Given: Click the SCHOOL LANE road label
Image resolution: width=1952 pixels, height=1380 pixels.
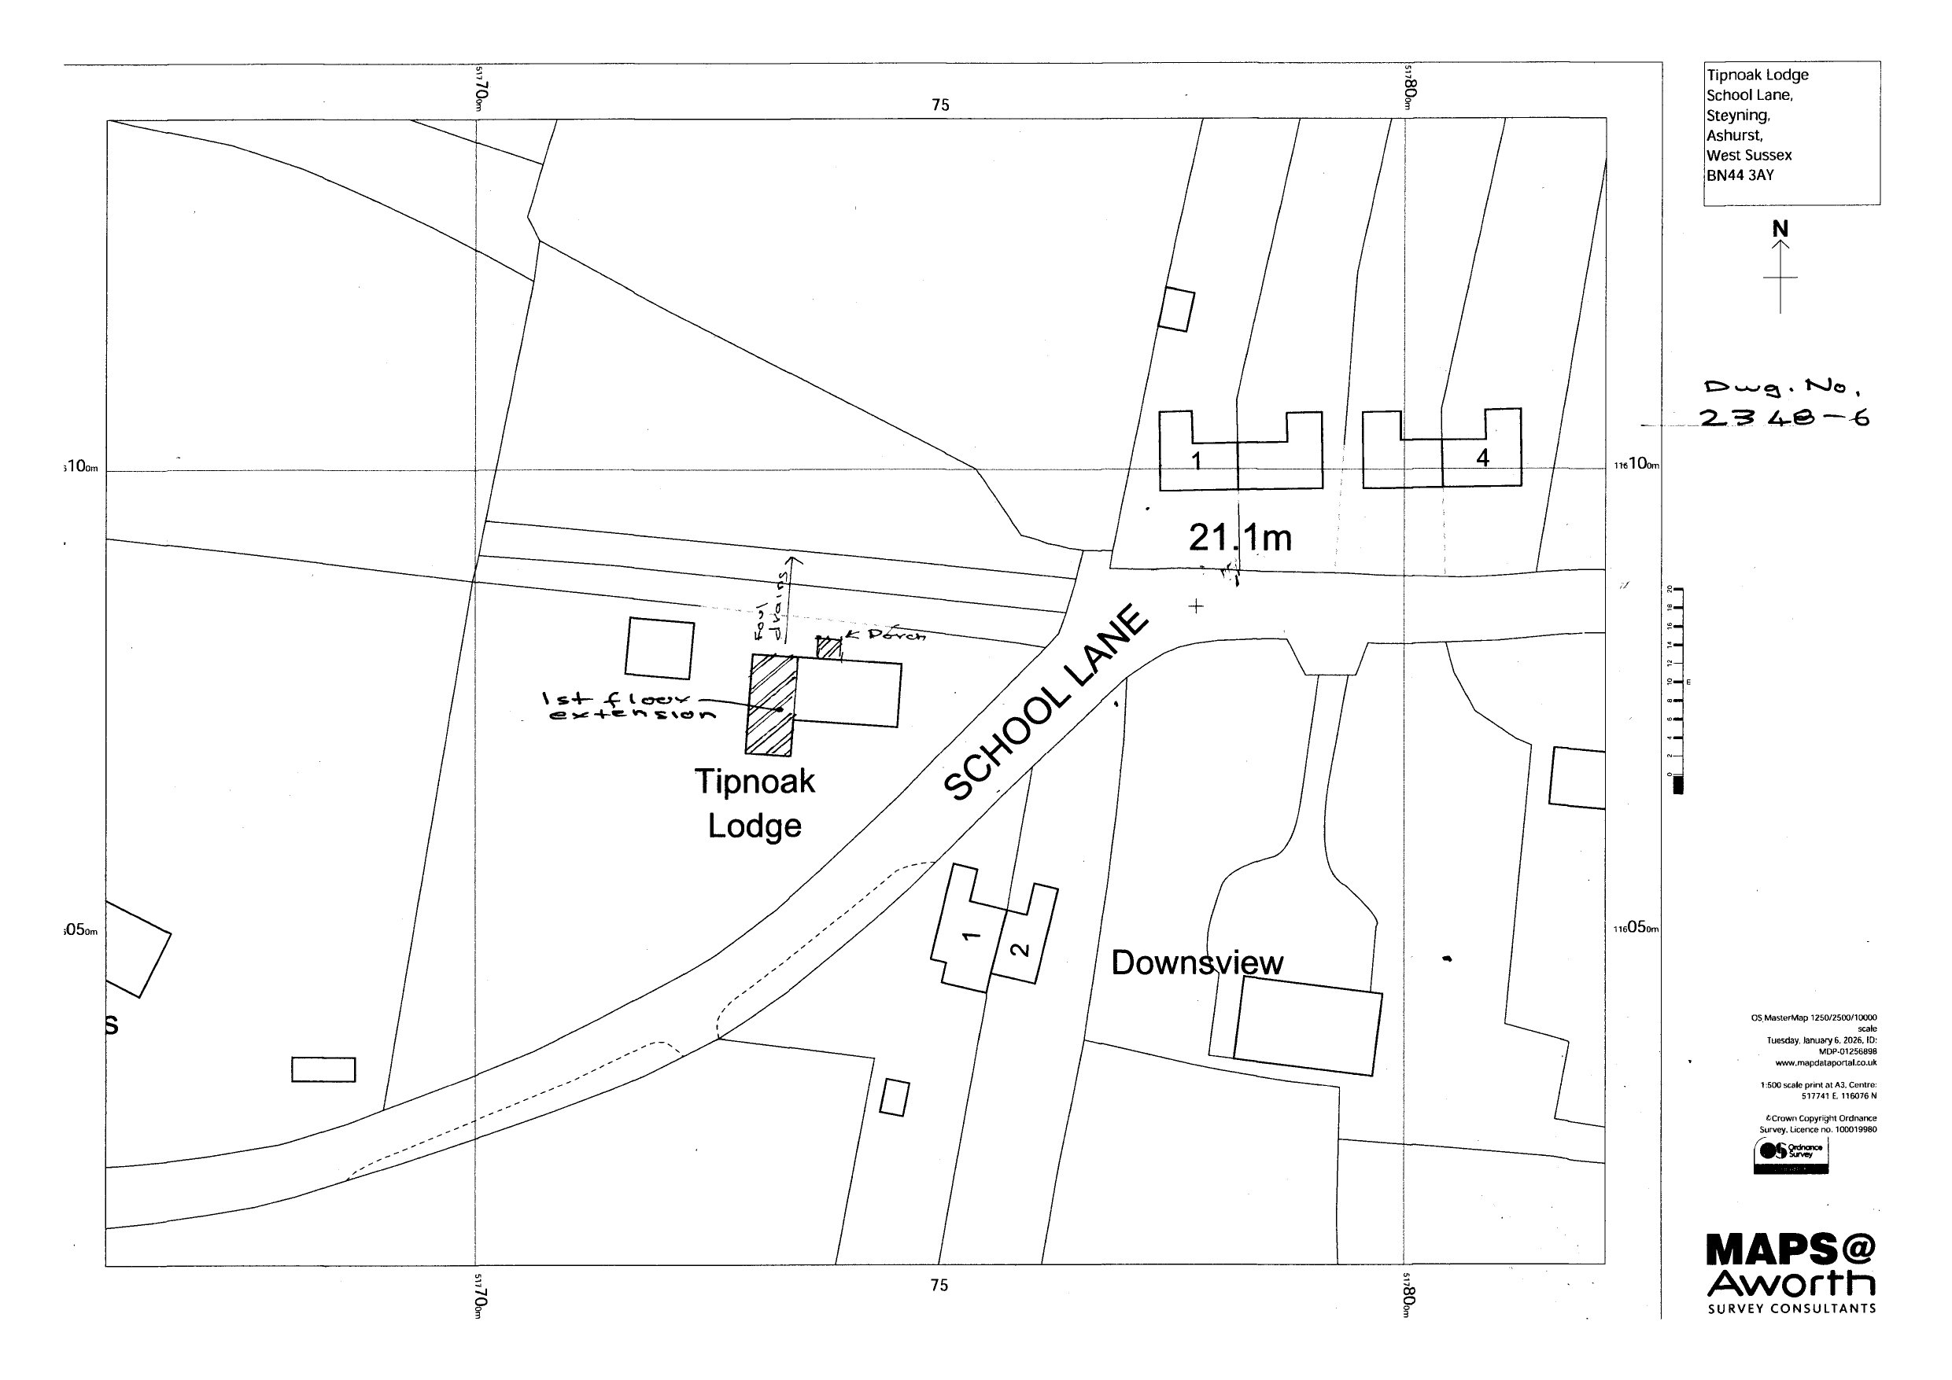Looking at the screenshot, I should tap(1046, 703).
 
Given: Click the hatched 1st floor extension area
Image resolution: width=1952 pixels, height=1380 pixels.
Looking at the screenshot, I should tap(770, 705).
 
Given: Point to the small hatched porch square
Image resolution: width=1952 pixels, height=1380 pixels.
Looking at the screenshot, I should tap(829, 649).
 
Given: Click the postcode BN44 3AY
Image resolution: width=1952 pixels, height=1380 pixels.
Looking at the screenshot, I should tap(1740, 176).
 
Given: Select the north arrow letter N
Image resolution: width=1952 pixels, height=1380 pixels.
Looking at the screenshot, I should tap(1780, 230).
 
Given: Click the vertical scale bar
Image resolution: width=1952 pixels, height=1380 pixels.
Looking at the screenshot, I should tap(1677, 690).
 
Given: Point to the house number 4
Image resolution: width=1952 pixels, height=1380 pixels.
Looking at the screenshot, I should tap(1483, 458).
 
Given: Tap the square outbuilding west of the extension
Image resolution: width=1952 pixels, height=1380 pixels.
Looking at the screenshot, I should tap(660, 649).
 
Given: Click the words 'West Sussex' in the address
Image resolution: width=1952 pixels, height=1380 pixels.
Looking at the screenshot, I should tap(1749, 156).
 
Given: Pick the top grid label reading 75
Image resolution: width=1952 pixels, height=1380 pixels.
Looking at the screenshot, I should tap(940, 105).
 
